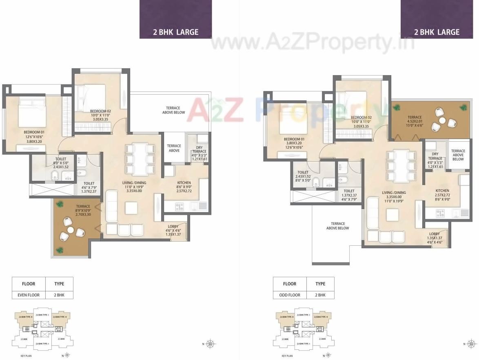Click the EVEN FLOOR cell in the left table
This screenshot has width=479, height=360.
29,295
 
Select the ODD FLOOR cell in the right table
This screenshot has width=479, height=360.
290,295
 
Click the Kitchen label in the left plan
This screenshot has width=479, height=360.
184,183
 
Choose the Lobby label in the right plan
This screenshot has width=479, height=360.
434,234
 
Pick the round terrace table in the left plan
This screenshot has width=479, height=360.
70,230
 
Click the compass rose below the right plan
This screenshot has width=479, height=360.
472,343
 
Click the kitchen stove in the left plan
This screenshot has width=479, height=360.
180,207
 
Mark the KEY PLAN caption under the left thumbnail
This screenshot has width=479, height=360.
27,356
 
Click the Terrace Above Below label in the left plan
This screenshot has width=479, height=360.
173,110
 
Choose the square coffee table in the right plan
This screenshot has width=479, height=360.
392,215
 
